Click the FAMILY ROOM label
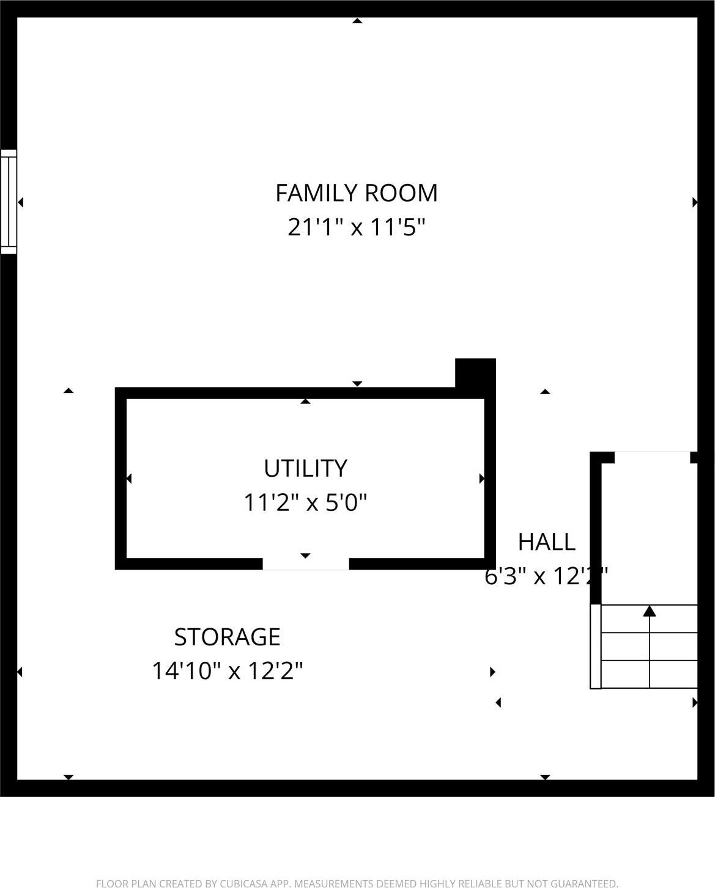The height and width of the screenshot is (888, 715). [x=357, y=193]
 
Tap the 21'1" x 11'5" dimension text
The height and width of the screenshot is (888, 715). [x=357, y=228]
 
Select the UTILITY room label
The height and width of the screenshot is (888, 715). [x=305, y=468]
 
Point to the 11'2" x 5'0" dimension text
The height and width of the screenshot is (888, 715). [x=305, y=503]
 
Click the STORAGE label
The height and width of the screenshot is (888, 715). [x=227, y=637]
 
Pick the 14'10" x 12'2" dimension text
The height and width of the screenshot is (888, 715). [x=227, y=672]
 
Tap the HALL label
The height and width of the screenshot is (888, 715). [x=546, y=542]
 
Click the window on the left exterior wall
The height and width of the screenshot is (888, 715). [x=9, y=202]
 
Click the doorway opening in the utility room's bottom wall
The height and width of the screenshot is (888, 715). [x=306, y=564]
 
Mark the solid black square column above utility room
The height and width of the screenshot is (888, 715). [x=475, y=373]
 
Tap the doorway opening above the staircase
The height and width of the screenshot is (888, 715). [x=652, y=457]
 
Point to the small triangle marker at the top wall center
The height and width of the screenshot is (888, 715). [x=357, y=21]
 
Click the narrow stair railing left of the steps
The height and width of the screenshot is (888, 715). [x=595, y=647]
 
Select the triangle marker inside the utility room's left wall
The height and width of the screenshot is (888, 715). [x=129, y=478]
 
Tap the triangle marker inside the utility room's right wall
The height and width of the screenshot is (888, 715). [x=481, y=478]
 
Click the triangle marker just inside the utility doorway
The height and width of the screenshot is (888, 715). [x=305, y=555]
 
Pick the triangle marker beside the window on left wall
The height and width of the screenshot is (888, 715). [x=21, y=202]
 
